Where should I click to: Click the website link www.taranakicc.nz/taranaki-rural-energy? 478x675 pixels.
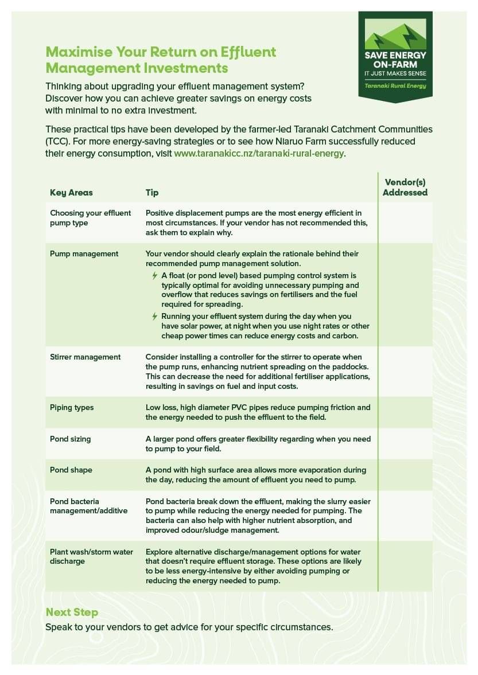point(259,154)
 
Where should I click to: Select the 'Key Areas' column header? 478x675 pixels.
point(71,193)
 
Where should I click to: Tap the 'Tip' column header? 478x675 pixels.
point(152,193)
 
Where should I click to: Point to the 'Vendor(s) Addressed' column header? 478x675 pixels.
point(405,188)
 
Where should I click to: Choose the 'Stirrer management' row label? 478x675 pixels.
point(86,357)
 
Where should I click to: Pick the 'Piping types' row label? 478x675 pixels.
point(72,407)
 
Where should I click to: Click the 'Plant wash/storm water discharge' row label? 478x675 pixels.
point(91,556)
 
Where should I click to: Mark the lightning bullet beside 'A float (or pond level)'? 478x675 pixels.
point(154,276)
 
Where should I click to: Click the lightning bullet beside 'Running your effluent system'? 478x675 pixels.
point(154,317)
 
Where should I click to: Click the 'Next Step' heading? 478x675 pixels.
point(72,612)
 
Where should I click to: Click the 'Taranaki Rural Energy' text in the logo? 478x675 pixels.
point(395,86)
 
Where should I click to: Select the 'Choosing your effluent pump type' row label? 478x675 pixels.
point(91,218)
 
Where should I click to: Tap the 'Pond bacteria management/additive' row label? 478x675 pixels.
point(89,506)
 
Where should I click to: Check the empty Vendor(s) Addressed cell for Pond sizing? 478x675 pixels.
point(405,443)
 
